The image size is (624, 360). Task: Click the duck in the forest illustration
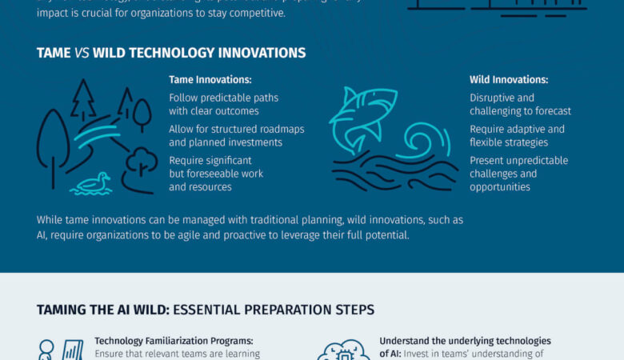pos(92,183)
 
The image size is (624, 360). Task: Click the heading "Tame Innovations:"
pos(210,80)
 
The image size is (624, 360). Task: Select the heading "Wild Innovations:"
pos(509,80)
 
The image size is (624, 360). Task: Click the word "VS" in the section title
pos(82,53)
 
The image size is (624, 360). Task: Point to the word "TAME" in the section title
pos(54,53)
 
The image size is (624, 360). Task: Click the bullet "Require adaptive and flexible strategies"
pos(517,136)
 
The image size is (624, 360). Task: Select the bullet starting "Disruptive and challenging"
pos(520,104)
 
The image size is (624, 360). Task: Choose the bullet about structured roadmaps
pos(236,136)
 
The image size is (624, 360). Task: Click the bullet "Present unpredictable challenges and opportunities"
pos(518,174)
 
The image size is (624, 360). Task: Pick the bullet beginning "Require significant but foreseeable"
pos(216,174)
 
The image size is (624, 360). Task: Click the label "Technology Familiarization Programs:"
pos(174,341)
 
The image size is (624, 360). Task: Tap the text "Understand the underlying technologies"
pos(465,341)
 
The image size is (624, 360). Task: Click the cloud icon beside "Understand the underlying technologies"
pos(343,350)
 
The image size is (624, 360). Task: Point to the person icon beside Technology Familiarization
pos(46,349)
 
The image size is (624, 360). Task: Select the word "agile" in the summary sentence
pos(200,234)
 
